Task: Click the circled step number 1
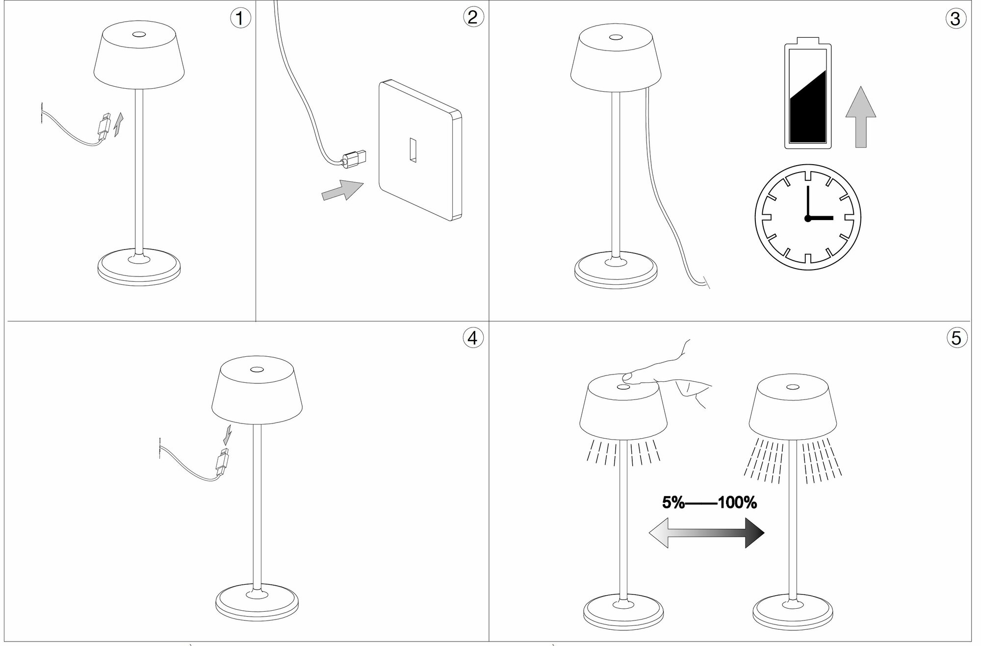[240, 19]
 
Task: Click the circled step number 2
[473, 17]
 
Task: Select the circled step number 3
[955, 19]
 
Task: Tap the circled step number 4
[473, 338]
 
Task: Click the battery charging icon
[808, 93]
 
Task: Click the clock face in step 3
[808, 217]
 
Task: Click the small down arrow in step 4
[227, 434]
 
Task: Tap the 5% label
[673, 503]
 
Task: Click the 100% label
[737, 503]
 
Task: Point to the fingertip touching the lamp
[626, 377]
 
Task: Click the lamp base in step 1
[139, 269]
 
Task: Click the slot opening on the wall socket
[413, 150]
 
